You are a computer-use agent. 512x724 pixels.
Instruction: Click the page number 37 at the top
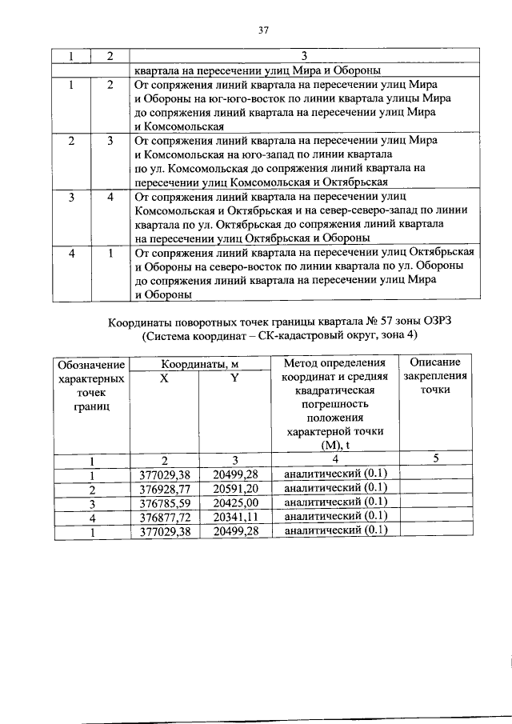coord(262,31)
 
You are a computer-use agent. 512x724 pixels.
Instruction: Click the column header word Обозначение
coord(91,365)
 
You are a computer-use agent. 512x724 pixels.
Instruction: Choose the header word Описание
coord(434,365)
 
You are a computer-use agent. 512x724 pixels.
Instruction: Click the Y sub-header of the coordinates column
coord(234,379)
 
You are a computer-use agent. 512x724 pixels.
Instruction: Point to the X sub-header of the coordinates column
coord(163,379)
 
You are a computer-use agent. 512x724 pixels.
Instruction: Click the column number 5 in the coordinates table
coord(435,459)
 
